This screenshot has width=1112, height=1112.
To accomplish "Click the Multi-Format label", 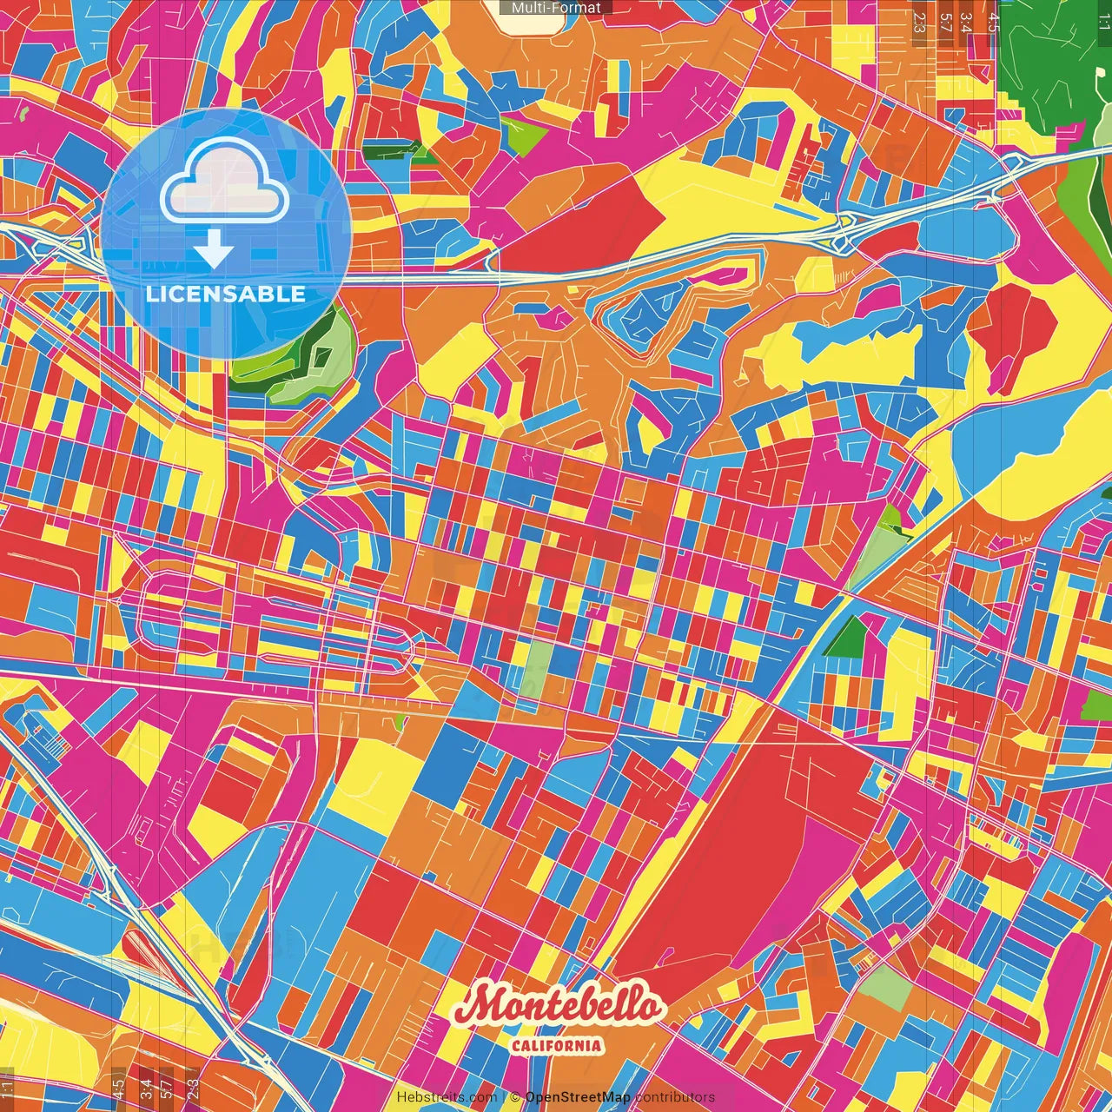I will click(x=556, y=8).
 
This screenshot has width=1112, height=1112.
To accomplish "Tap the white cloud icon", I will click(x=225, y=186).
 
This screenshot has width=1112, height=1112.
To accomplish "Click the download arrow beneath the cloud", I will click(x=214, y=253).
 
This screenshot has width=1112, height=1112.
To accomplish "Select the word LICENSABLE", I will click(x=226, y=294).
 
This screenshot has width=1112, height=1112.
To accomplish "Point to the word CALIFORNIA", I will click(x=556, y=1045).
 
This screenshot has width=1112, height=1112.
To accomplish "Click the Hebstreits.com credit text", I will click(x=447, y=1097).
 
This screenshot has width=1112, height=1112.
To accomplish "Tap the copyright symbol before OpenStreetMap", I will click(x=514, y=1097).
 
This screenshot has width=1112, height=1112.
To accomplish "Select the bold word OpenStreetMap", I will click(x=578, y=1097).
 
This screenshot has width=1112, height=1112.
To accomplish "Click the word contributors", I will click(x=675, y=1097).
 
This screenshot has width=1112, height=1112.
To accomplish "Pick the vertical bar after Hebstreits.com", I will click(x=503, y=1097).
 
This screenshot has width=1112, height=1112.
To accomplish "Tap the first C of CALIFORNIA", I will click(x=516, y=1045).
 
